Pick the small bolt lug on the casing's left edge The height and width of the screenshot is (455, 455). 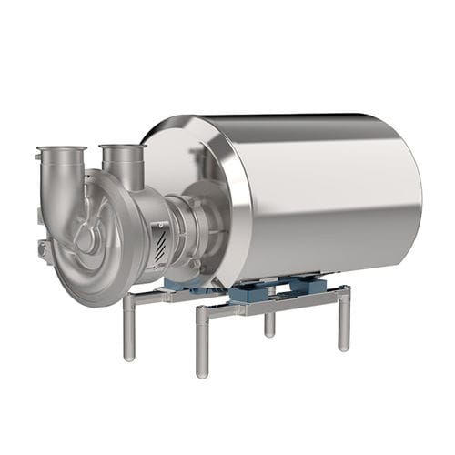pos(43,248)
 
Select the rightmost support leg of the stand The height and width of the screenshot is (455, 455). pos(344,318)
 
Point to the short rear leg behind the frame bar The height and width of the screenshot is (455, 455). pos(270,324)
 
